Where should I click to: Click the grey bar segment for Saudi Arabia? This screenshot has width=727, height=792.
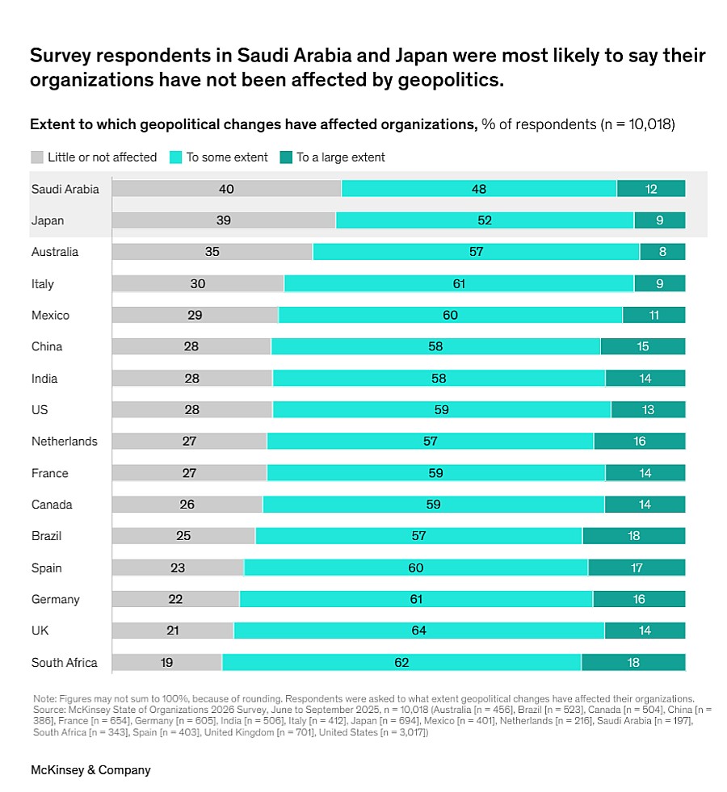(226, 189)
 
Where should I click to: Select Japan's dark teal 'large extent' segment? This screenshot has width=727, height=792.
(659, 220)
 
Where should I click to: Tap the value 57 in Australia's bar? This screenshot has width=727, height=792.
(476, 252)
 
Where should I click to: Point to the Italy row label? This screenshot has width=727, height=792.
(43, 283)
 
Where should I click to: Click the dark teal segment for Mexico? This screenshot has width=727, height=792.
(653, 315)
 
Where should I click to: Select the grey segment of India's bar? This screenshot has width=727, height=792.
(192, 378)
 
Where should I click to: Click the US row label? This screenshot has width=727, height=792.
(40, 409)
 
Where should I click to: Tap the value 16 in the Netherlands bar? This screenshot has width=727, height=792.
(640, 441)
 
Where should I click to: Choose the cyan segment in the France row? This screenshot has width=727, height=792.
(436, 473)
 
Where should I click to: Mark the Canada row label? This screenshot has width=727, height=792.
(52, 505)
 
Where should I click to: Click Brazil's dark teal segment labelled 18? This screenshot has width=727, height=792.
(633, 536)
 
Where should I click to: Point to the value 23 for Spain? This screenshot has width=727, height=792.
(178, 568)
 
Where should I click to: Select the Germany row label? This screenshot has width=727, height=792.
(55, 599)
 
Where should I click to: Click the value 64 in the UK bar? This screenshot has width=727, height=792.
(418, 631)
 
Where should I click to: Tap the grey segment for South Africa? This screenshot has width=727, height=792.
(166, 662)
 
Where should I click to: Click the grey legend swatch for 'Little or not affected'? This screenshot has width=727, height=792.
(36, 157)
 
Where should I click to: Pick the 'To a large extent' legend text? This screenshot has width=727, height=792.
(340, 157)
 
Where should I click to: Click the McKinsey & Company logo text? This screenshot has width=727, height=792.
(90, 769)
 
